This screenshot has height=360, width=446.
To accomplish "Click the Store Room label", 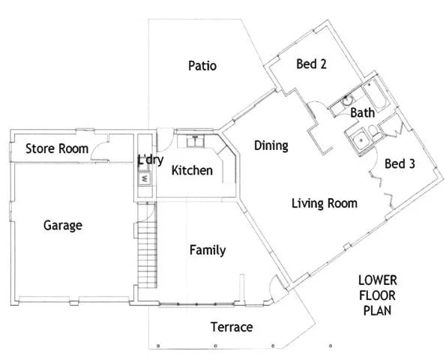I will pyautogui.click(x=57, y=148).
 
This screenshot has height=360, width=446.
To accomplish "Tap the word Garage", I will pyautogui.click(x=62, y=225).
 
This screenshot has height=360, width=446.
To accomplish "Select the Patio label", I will pyautogui.click(x=202, y=66).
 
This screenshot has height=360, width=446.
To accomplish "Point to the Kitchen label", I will pyautogui.click(x=192, y=171).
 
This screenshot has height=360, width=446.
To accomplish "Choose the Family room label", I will pyautogui.click(x=208, y=250).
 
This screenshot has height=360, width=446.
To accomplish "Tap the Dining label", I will pyautogui.click(x=271, y=145).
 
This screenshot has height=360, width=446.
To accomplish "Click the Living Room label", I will pyautogui.click(x=324, y=203).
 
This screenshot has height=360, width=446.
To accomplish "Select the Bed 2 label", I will pyautogui.click(x=311, y=64).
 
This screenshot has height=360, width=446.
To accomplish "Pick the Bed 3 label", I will pyautogui.click(x=400, y=163).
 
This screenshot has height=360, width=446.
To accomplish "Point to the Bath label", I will pyautogui.click(x=362, y=113).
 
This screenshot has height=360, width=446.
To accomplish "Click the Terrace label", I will pyautogui.click(x=231, y=328).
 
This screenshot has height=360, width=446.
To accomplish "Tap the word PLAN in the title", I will pyautogui.click(x=377, y=309).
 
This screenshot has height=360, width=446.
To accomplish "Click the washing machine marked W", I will pyautogui.click(x=142, y=179).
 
